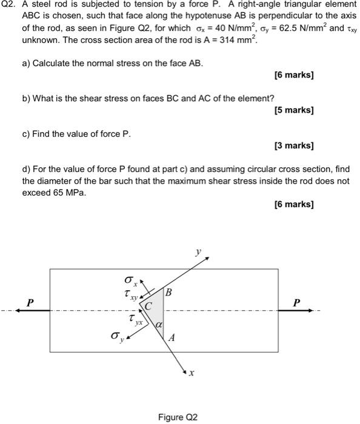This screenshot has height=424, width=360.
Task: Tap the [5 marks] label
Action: tap(294, 110)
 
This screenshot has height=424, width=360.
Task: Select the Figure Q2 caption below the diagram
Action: tap(178, 417)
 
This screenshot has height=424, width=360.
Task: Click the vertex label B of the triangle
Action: tap(168, 293)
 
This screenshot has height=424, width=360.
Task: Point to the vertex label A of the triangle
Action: tap(172, 339)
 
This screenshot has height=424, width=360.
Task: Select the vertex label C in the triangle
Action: tap(147, 305)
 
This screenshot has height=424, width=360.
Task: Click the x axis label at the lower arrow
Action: tap(191, 374)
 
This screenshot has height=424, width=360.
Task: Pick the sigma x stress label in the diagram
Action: tap(128, 280)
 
